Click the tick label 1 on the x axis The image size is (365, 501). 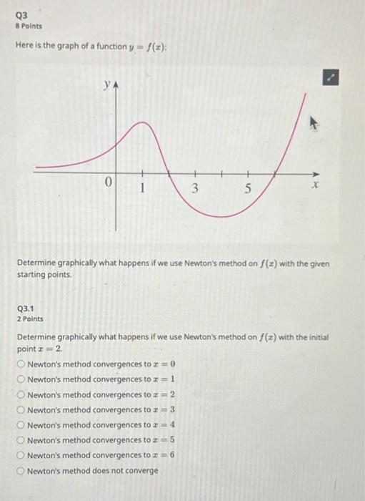(x=143, y=189)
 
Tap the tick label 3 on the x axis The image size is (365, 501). (x=196, y=189)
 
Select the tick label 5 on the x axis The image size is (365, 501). (x=248, y=189)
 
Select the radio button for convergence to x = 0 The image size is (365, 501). (x=21, y=364)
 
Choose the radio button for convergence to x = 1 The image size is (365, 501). (x=21, y=379)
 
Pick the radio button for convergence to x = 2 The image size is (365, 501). (x=21, y=394)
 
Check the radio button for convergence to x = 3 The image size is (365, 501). (x=21, y=409)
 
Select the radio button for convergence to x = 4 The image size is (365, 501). (x=21, y=424)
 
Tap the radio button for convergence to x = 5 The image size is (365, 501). (x=21, y=439)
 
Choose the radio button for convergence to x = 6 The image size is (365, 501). (x=21, y=454)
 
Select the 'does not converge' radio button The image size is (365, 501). (x=21, y=470)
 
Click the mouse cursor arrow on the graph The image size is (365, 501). (x=312, y=123)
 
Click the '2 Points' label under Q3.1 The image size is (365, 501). (x=30, y=318)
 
